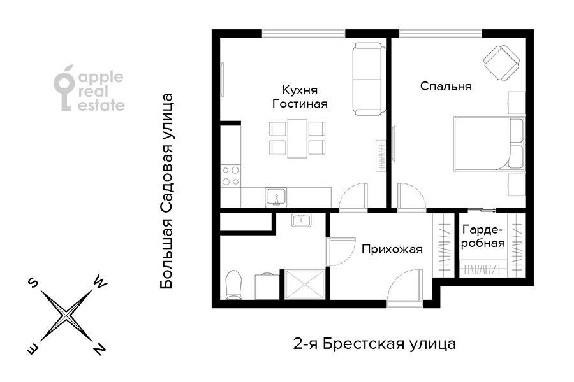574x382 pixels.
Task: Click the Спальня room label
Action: point(446,87)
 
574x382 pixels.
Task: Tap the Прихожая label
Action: point(392,250)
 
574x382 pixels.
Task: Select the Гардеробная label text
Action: point(483,236)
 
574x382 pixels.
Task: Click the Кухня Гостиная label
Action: point(300,97)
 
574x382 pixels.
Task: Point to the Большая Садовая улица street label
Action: point(166,192)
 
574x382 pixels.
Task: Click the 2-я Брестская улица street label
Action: point(374,344)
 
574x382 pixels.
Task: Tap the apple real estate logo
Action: point(89,88)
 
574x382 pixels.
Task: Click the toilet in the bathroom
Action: point(233,285)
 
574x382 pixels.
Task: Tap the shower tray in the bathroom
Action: point(305,285)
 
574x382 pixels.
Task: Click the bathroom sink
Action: point(301,220)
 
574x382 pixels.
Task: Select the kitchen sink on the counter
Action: point(276,197)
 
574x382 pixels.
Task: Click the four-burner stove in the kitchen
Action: point(231,176)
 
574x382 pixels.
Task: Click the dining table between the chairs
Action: point(297,138)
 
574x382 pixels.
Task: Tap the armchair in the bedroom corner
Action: point(501,64)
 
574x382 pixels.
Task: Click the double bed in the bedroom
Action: point(489,143)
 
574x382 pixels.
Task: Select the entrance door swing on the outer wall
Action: point(404,288)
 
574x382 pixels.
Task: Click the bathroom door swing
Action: point(342,251)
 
